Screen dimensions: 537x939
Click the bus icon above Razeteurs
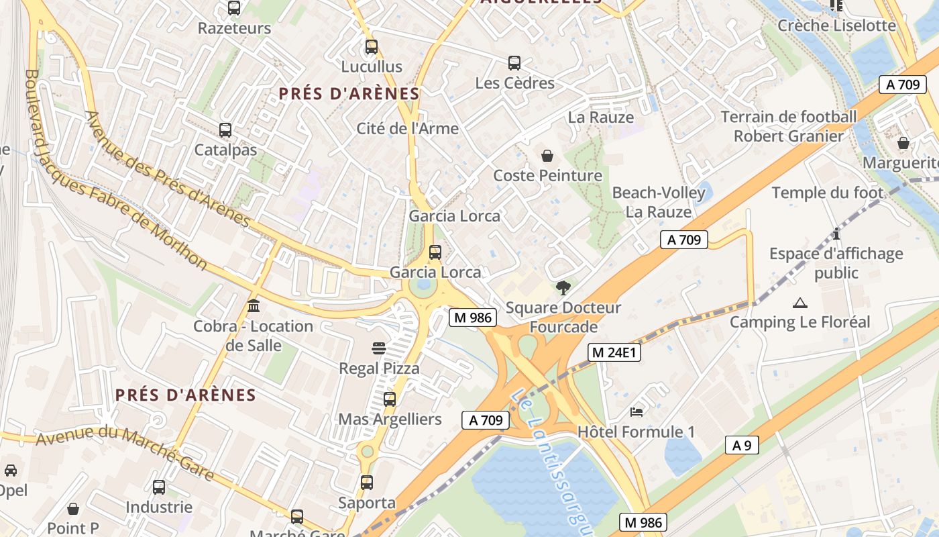[x=233, y=8]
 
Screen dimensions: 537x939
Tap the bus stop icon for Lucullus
[x=371, y=47]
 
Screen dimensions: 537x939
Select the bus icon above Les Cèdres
[x=514, y=63]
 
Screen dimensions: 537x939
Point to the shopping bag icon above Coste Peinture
[x=547, y=156]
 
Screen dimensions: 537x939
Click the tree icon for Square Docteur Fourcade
[x=563, y=288]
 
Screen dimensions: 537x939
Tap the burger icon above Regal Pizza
[x=379, y=348]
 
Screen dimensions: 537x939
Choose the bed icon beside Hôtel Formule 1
[x=636, y=411]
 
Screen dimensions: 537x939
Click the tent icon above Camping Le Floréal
[x=799, y=303]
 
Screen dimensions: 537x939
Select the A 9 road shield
[x=742, y=444]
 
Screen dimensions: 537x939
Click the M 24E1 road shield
[x=614, y=352]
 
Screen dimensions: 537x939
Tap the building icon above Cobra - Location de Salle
[x=254, y=306]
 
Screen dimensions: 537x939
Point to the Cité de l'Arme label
[x=407, y=128]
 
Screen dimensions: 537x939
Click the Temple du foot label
[x=828, y=193]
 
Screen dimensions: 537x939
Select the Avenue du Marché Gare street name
[x=125, y=453]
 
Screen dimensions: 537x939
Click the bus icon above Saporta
[x=366, y=483]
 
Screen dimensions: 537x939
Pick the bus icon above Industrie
[x=159, y=487]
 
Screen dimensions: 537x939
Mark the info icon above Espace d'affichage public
[x=836, y=234]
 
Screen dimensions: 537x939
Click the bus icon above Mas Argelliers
[x=390, y=399]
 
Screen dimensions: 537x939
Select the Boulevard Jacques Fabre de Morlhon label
[x=114, y=171]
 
